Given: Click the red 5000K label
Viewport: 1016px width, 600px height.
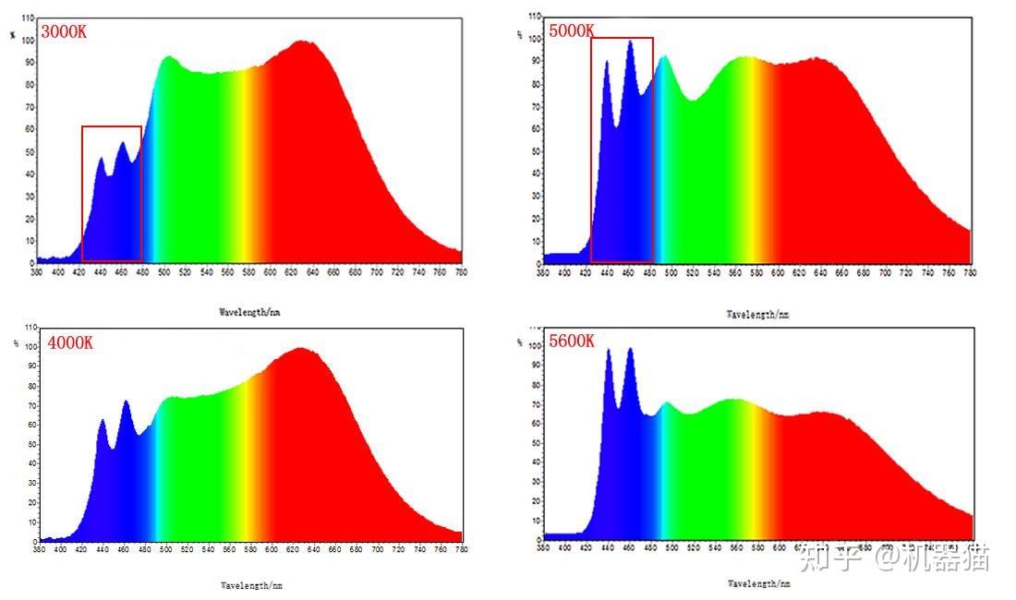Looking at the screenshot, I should point(572,30).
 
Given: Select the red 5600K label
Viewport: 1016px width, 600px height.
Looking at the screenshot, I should point(572,341).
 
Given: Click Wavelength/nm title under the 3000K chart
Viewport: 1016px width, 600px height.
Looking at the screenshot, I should point(249,312).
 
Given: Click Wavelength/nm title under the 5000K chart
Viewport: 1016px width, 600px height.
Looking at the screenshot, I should point(757,314).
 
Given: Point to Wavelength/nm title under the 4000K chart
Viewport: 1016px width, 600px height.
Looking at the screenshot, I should point(249,584).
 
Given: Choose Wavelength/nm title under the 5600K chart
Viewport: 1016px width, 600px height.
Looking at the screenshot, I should point(757,583).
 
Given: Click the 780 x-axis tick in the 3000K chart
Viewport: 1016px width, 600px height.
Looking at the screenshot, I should point(461,272).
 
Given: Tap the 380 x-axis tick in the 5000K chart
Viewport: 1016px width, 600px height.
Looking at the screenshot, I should point(543,272).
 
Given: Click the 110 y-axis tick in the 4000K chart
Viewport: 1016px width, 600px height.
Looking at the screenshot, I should point(30,328).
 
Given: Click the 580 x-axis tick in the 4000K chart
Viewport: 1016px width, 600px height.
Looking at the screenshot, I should point(249,549).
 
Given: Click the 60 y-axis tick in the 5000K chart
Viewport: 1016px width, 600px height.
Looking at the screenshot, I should point(538,128).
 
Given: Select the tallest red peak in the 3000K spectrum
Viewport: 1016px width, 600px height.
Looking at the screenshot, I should point(303,42).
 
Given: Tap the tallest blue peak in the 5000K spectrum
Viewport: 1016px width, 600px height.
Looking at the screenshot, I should point(630,42).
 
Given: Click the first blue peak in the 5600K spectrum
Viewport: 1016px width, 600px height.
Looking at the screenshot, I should point(609,351).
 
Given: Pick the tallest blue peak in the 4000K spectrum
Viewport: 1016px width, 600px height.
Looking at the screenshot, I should point(126,402).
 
